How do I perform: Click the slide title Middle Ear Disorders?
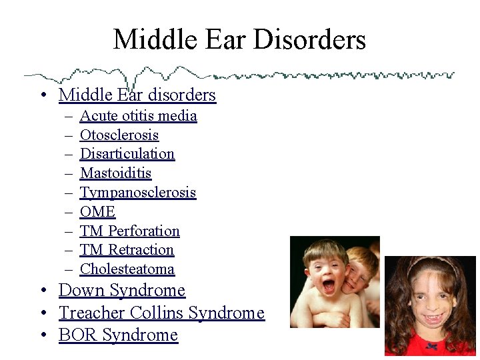(x=239, y=39)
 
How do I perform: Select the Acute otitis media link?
(x=138, y=116)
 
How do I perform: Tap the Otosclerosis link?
(x=119, y=135)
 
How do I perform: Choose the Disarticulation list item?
(x=127, y=154)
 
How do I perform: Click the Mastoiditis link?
(x=115, y=173)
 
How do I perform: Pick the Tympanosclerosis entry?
(x=137, y=193)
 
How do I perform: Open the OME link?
(x=97, y=212)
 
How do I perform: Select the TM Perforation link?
(x=129, y=231)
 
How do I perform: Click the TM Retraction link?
(x=127, y=250)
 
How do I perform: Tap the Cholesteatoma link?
(x=127, y=269)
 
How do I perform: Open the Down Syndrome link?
(x=121, y=291)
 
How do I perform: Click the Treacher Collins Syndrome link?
(x=161, y=313)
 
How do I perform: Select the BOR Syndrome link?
(x=118, y=335)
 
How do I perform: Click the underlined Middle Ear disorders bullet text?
(x=137, y=95)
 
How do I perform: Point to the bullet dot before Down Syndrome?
(x=42, y=291)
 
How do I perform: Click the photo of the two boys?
(x=335, y=282)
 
